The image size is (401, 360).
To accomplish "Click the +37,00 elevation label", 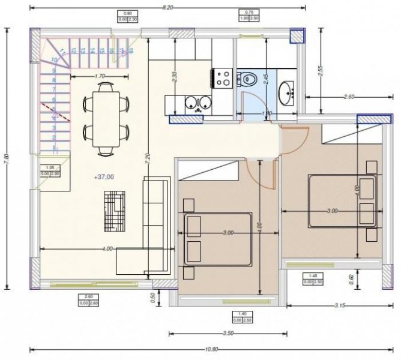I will [x=103, y=177].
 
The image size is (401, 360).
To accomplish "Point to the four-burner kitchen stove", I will [x=224, y=77].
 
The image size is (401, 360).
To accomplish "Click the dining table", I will [x=107, y=118].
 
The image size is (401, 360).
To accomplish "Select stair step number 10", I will [x=55, y=60].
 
